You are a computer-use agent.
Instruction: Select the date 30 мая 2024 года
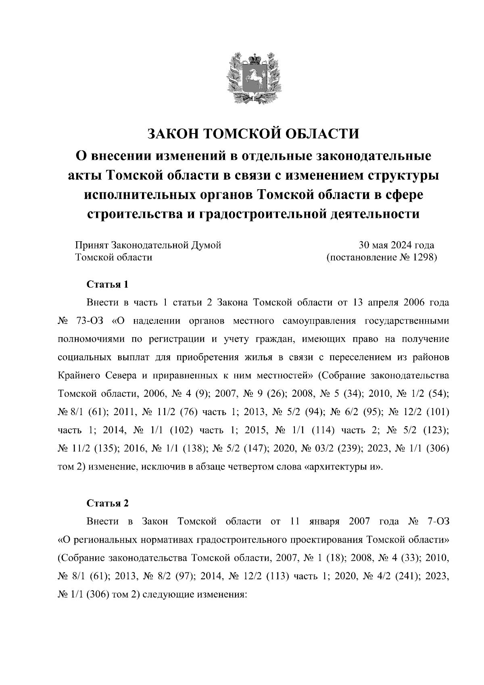tap(396, 245)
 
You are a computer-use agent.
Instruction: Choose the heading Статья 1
tap(108, 284)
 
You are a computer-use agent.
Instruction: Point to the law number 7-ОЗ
tap(437, 521)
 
